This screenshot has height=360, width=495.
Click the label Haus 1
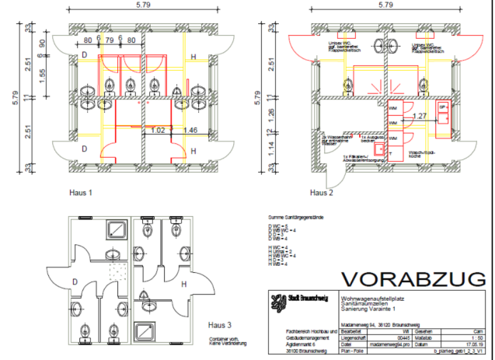80,191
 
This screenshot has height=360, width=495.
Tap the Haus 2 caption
321,192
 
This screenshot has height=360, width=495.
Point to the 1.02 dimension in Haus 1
158,131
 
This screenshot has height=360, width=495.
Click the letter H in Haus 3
183,285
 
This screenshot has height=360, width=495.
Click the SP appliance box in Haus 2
442,107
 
